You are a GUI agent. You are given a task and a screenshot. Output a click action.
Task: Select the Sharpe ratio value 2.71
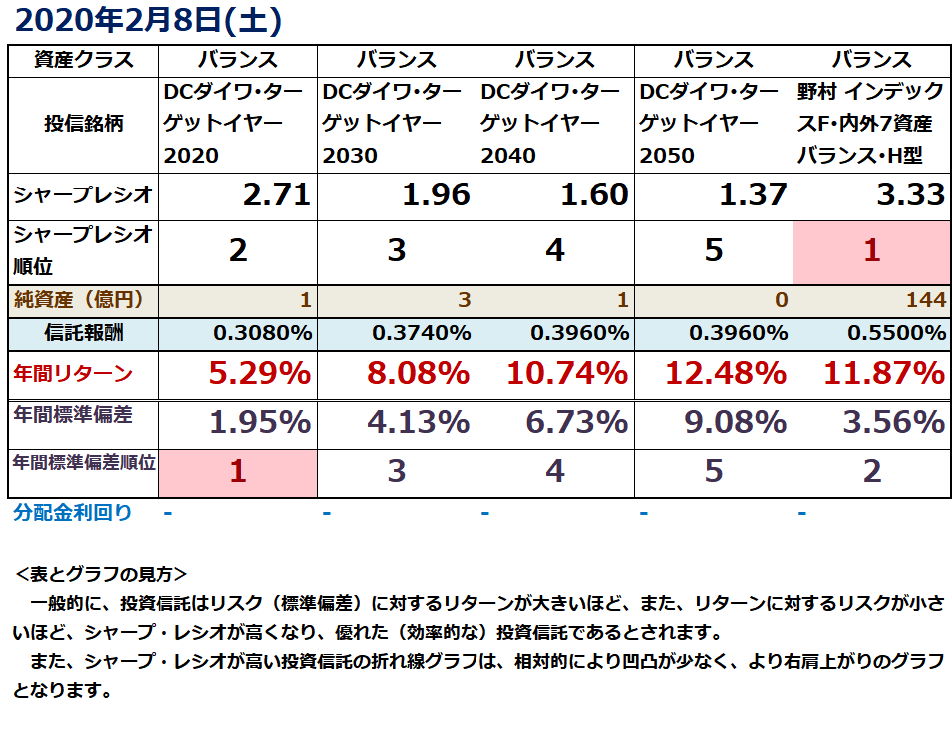276,194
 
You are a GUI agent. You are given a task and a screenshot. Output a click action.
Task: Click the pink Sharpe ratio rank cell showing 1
871,250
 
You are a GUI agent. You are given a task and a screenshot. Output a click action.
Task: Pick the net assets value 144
926,299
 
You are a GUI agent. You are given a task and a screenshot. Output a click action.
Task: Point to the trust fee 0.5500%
896,332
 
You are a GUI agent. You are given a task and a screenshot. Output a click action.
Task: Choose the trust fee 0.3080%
262,332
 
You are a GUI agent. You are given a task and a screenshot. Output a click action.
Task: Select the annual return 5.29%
259,374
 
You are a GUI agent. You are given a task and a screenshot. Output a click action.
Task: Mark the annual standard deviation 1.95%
259,422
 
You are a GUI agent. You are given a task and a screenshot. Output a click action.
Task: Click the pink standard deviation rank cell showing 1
237,471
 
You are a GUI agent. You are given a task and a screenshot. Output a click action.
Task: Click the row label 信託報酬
84,332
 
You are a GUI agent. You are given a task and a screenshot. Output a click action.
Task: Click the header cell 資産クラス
84,60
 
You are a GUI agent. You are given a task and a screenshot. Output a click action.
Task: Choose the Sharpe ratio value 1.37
752,194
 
